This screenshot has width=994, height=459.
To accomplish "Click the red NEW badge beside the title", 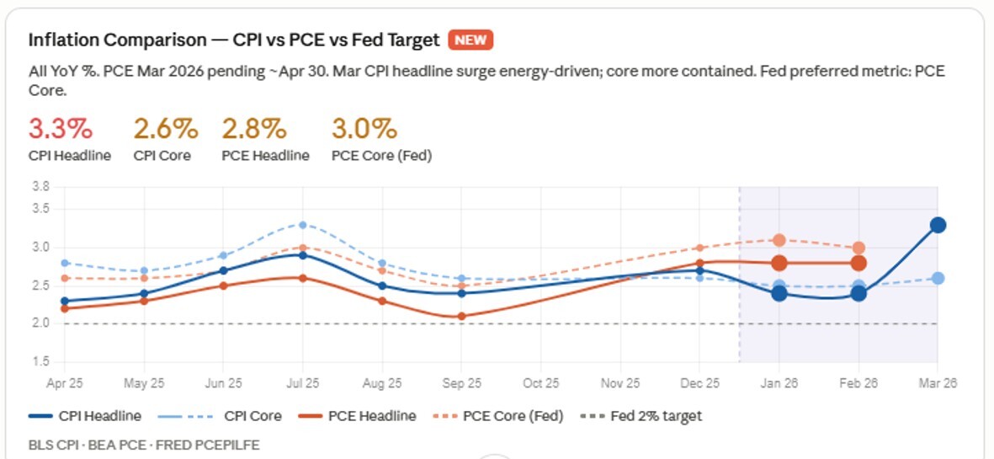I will pos(470,40).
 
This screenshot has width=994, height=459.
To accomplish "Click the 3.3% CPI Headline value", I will pos(61,129).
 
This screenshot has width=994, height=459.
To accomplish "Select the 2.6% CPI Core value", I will pos(166,129).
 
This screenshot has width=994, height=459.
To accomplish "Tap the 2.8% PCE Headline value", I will pos(254,129).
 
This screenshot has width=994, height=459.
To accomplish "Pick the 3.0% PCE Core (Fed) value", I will pos(364,129).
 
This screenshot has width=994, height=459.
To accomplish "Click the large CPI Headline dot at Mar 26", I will pos(938,225).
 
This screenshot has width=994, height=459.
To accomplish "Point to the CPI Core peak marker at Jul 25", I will pos(303,225).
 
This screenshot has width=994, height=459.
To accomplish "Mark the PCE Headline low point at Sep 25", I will pos(461,317).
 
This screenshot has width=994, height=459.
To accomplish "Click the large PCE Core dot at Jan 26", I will pos(779,240).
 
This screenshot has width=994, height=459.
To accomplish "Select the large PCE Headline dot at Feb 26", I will pos(858,264).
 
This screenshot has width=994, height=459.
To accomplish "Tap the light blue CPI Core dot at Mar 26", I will pos(938,278).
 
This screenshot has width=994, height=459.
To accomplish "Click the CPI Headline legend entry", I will pos(85,415).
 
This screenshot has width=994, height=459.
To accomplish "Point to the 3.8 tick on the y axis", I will pos(40,186).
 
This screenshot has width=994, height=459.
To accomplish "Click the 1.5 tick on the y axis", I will pos(40,362).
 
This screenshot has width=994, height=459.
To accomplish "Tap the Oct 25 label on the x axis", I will pos(540,382).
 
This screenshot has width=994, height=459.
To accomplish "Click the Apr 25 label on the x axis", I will pos(65,382).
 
